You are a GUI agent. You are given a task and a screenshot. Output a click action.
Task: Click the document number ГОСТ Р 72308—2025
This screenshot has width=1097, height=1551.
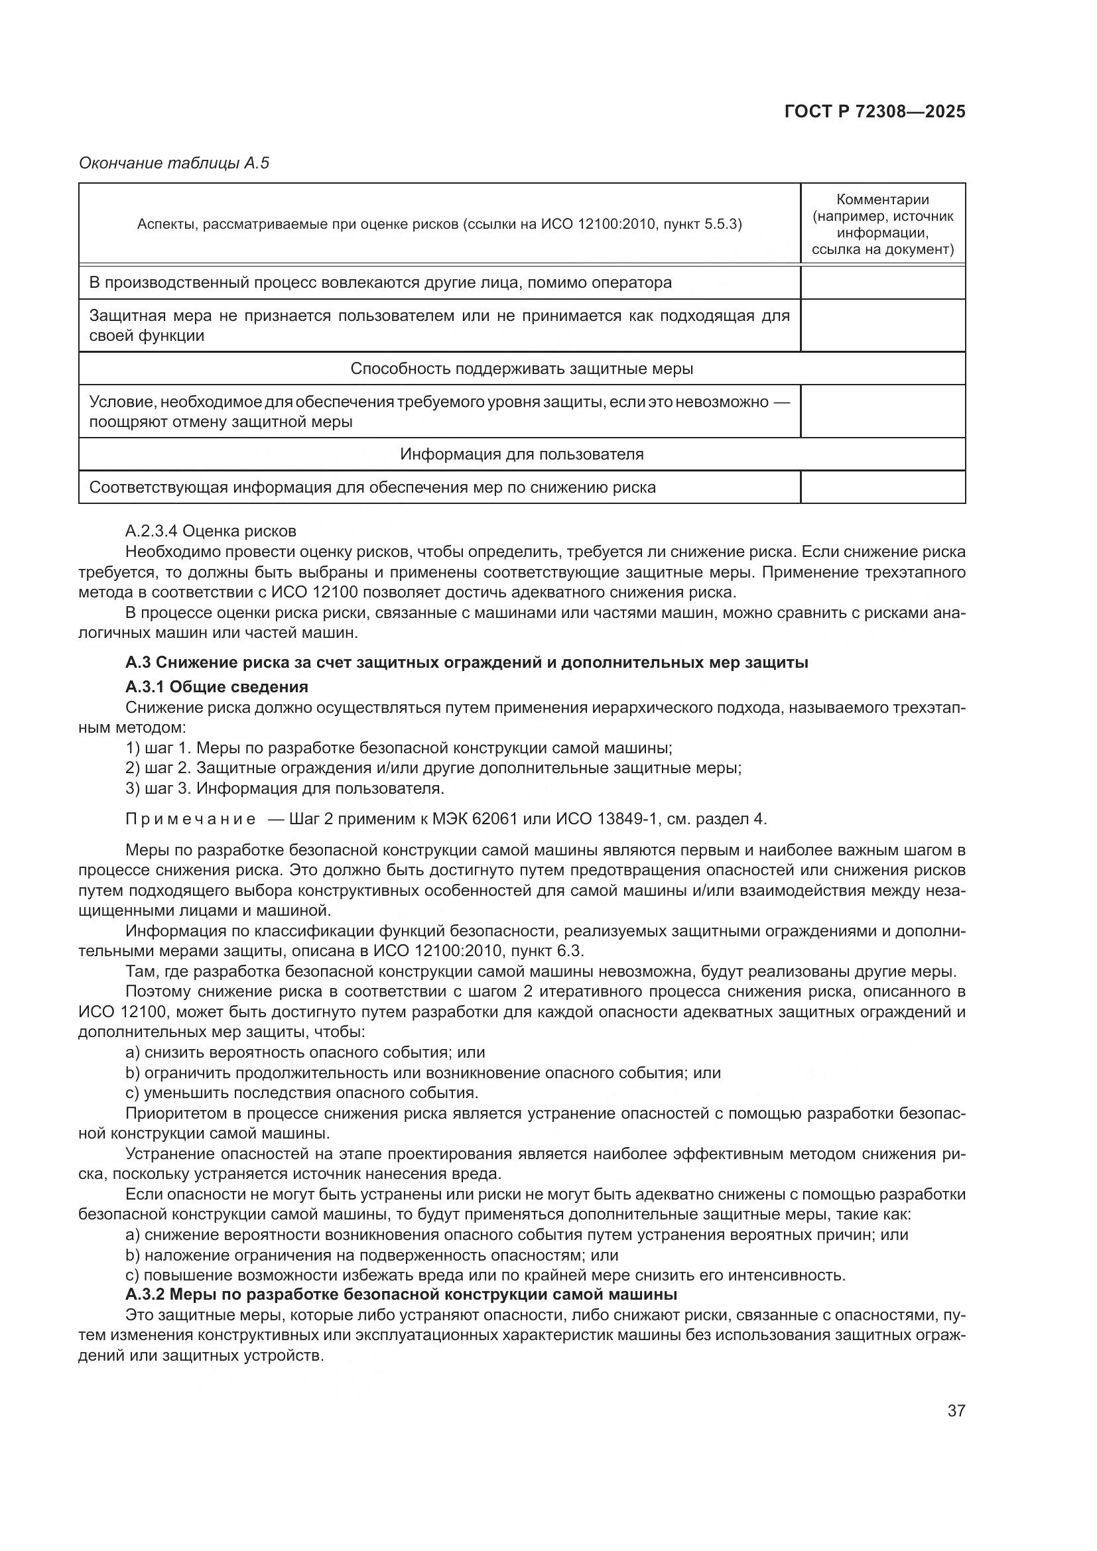click(875, 111)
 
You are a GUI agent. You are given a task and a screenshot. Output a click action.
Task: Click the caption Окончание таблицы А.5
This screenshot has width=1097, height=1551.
click(174, 163)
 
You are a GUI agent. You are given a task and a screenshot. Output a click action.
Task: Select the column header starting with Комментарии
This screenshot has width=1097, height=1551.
click(882, 224)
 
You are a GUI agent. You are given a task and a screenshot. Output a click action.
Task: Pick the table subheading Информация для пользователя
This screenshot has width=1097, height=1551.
click(521, 454)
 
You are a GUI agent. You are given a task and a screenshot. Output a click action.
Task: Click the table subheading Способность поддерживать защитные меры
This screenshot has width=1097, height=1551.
click(521, 369)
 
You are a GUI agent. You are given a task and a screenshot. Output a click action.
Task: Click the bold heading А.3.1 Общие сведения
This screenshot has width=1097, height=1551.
click(217, 687)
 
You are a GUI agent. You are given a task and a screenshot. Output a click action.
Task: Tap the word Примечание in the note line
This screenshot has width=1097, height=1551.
click(190, 820)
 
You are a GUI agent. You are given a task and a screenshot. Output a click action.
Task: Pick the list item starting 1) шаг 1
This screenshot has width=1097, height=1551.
click(399, 749)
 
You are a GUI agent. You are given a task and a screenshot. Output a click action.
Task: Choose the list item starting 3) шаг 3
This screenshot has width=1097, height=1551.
click(285, 788)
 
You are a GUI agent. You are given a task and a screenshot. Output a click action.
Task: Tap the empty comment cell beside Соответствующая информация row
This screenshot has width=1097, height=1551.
click(882, 487)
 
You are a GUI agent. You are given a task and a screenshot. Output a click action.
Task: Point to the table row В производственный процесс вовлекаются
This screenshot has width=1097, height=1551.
click(380, 282)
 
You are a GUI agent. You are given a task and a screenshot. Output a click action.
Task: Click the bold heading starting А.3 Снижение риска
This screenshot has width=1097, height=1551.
click(467, 662)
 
